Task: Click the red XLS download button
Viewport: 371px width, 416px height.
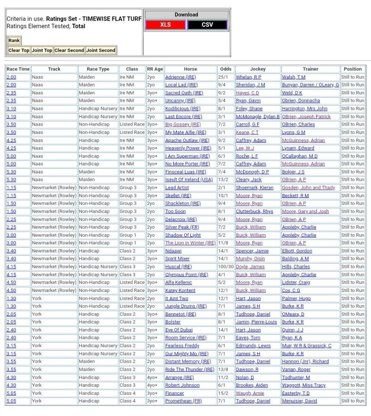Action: click(x=165, y=25)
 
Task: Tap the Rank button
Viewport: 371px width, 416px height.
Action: click(x=14, y=41)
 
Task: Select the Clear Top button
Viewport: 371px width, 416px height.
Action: click(x=19, y=50)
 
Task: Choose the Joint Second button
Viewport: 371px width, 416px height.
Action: click(x=101, y=50)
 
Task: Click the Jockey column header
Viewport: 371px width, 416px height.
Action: click(x=258, y=69)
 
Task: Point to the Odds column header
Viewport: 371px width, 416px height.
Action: click(x=225, y=69)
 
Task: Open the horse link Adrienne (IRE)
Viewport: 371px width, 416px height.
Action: click(x=180, y=77)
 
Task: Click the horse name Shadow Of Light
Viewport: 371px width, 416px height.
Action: click(x=183, y=235)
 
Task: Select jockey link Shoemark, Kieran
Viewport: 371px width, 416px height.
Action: click(x=254, y=188)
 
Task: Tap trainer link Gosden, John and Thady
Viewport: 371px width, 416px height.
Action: click(x=308, y=188)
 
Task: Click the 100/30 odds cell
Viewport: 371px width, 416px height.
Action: click(x=225, y=267)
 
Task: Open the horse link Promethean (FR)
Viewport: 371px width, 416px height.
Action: click(x=183, y=401)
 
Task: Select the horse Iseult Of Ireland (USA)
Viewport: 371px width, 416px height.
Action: click(x=189, y=180)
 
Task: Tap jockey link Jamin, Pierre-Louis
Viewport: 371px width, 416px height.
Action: click(x=256, y=322)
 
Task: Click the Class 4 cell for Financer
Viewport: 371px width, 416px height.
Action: click(x=128, y=393)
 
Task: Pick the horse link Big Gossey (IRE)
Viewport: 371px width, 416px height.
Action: click(x=183, y=124)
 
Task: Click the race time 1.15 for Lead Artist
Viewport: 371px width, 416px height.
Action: click(x=11, y=188)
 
